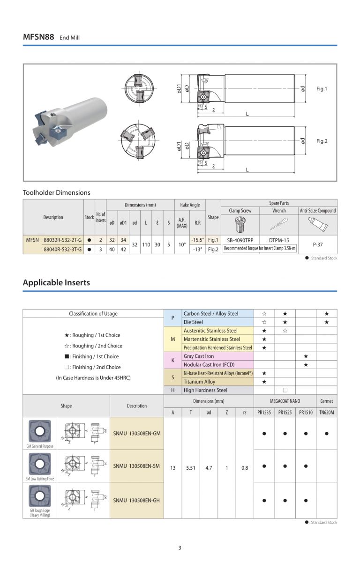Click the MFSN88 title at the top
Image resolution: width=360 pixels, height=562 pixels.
(38, 37)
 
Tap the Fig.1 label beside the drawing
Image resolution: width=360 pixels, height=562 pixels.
(322, 89)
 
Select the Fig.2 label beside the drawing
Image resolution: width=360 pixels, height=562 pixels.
(322, 141)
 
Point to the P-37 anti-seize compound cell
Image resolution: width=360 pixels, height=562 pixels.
(317, 244)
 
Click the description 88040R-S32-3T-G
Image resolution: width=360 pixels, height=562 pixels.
(62, 249)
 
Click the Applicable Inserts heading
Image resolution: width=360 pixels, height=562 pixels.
(56, 282)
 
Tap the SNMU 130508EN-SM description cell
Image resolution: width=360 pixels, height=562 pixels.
(136, 466)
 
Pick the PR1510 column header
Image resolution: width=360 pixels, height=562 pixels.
(305, 413)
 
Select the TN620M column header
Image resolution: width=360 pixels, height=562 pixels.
(326, 413)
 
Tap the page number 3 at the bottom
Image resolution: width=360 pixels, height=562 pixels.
(180, 547)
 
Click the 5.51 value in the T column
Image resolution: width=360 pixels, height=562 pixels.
(191, 467)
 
